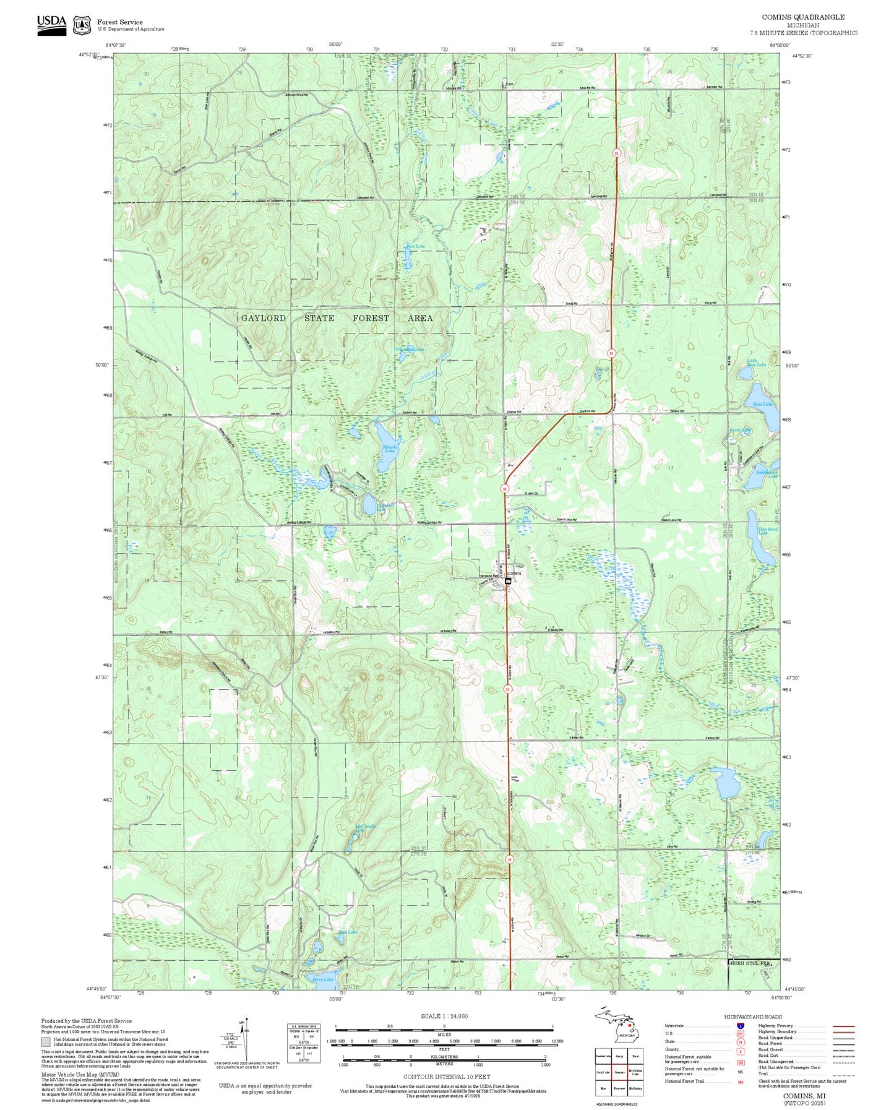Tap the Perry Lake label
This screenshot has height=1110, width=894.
323,979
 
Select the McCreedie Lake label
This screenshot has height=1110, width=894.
365,827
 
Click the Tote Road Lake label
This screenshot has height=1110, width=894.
767,531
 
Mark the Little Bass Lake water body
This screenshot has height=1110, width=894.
745,373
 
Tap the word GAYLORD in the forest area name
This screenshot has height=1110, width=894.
264,318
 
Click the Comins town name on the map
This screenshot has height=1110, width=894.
514,573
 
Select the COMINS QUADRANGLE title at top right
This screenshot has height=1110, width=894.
802,17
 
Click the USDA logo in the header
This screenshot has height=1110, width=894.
51,25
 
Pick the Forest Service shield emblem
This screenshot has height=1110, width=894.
82,25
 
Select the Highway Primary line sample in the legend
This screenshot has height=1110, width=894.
843,1026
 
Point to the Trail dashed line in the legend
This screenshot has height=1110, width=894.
843,1075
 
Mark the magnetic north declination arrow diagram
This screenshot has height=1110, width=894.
243,1041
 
